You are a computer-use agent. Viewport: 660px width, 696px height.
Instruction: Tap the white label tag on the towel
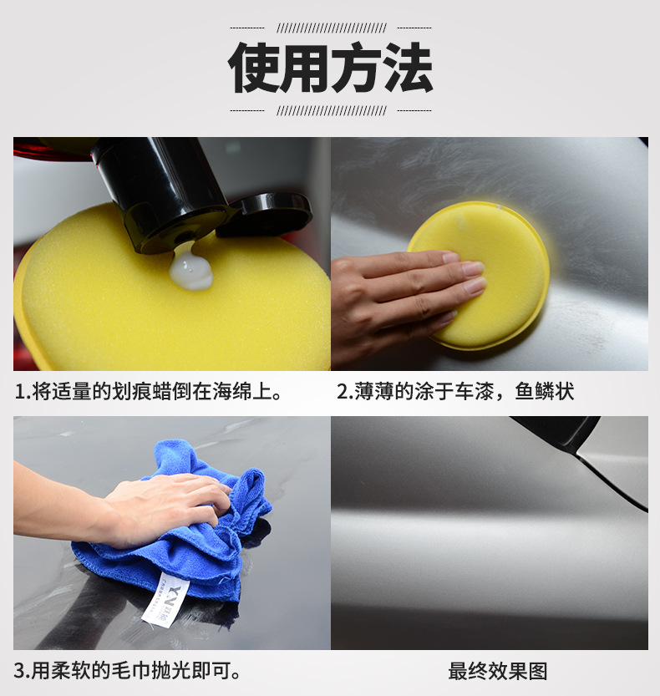click(x=164, y=600)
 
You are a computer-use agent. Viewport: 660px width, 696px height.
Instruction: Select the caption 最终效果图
click(x=497, y=671)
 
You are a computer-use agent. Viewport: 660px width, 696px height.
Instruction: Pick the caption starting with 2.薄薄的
click(x=455, y=390)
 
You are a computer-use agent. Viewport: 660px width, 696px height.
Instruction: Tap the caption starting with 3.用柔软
click(x=129, y=671)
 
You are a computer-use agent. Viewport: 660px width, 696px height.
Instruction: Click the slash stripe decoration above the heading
click(x=331, y=28)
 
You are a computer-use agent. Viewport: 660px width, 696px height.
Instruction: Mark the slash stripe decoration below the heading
click(x=331, y=110)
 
